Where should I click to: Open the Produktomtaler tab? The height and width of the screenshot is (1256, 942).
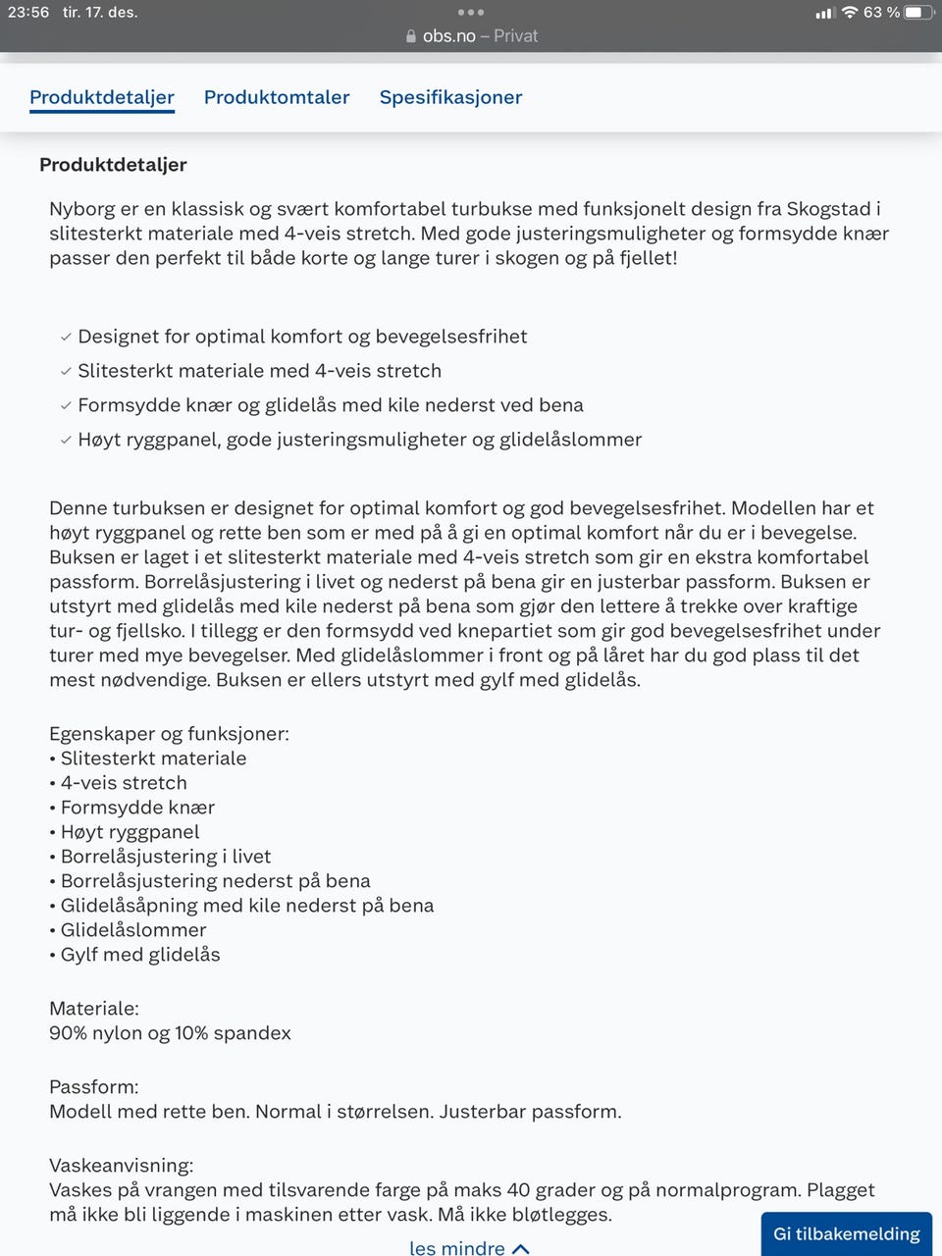277,97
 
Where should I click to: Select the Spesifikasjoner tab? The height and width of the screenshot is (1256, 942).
450,97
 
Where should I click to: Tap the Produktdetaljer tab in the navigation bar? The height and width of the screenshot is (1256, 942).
102,97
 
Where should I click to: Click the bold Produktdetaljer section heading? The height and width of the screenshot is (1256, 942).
113,165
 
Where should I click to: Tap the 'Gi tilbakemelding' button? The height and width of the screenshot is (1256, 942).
846,1233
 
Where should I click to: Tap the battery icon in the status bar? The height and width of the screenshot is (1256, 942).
918,13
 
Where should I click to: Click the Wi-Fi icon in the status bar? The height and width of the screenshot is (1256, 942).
850,13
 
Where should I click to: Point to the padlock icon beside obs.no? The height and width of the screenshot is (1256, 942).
411,36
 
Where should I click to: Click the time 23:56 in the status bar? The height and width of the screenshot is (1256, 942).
28,13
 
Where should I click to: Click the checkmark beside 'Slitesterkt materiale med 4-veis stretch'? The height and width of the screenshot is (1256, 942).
66,371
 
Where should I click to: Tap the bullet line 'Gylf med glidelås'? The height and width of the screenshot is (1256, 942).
140,955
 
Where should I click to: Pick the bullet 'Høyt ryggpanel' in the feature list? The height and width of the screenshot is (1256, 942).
130,832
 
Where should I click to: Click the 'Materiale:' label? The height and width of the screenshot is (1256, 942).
94,1009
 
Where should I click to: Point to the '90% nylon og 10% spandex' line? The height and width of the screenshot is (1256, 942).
170,1033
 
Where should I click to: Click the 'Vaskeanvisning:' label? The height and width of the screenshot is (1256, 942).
121,1166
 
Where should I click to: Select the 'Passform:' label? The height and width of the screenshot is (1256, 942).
94,1087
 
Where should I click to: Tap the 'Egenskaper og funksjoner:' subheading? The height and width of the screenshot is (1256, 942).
169,734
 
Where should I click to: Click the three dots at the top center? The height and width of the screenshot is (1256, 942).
471,13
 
